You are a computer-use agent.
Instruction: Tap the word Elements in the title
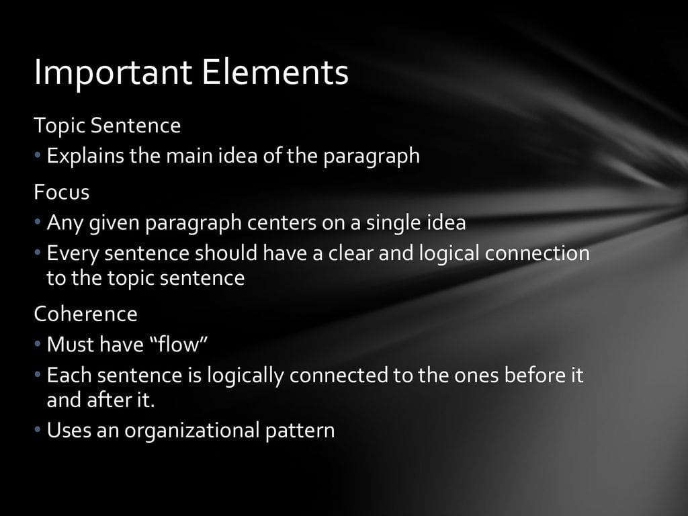pyautogui.click(x=275, y=72)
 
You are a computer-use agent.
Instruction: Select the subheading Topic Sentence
pyautogui.click(x=107, y=126)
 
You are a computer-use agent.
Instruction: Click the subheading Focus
pyautogui.click(x=61, y=192)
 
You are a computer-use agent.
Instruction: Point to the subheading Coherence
pyautogui.click(x=85, y=314)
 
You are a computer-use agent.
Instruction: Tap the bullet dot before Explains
pyautogui.click(x=38, y=155)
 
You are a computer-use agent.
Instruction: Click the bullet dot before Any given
pyautogui.click(x=38, y=221)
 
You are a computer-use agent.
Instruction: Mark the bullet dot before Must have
pyautogui.click(x=38, y=343)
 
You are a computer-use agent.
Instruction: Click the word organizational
pyautogui.click(x=192, y=431)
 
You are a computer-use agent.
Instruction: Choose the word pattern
pyautogui.click(x=300, y=431)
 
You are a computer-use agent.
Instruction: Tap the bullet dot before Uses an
pyautogui.click(x=38, y=429)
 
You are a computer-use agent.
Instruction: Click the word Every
pyautogui.click(x=73, y=253)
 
